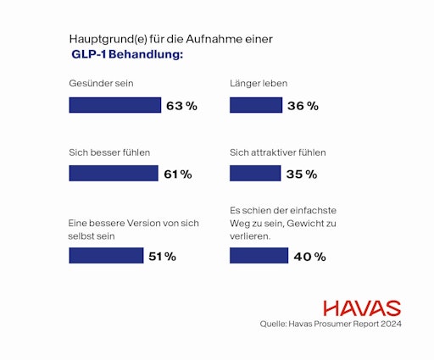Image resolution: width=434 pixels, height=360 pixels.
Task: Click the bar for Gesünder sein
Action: pyautogui.click(x=114, y=105)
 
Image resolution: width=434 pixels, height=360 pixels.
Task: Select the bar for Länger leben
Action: pyautogui.click(x=257, y=105)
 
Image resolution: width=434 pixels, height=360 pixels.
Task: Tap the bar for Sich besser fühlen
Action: pyautogui.click(x=113, y=174)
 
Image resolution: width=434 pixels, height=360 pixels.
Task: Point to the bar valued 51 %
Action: pyautogui.click(x=105, y=256)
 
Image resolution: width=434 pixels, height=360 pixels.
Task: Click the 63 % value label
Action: pyautogui.click(x=181, y=106)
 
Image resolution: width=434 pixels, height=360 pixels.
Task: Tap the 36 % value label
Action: pyautogui.click(x=303, y=106)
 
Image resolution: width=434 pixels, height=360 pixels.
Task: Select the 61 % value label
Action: pyautogui.click(x=178, y=174)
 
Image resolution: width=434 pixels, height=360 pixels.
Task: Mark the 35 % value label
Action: pyautogui.click(x=302, y=174)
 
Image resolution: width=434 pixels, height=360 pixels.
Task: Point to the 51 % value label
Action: pyautogui.click(x=162, y=257)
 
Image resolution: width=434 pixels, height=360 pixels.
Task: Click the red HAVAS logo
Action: pyautogui.click(x=362, y=307)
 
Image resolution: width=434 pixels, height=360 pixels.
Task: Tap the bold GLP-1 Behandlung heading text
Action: pyautogui.click(x=127, y=54)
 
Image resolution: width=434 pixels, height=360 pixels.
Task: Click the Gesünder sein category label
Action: pyautogui.click(x=101, y=83)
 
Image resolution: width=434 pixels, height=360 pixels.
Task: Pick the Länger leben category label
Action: pyautogui.click(x=259, y=83)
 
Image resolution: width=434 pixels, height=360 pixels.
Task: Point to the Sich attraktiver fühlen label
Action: pyautogui.click(x=278, y=152)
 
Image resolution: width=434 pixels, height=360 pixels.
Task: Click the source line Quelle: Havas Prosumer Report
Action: pyautogui.click(x=330, y=324)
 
